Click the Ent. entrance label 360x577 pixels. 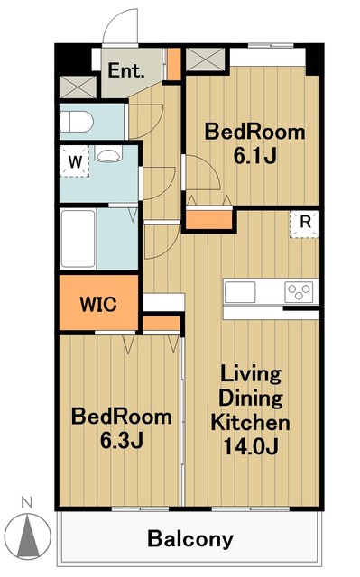[x=125, y=70]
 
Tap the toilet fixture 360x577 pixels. [x=76, y=122]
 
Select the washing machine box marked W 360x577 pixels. [x=75, y=161]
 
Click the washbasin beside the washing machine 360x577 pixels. [x=108, y=154]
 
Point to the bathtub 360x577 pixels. [x=78, y=238]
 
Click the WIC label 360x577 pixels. [x=98, y=304]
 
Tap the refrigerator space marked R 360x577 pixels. [x=305, y=224]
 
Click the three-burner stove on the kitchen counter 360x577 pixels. [x=299, y=292]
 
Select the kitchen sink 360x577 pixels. [x=240, y=292]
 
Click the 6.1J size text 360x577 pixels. [x=254, y=156]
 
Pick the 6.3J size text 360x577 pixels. [x=122, y=441]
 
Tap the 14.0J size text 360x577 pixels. [x=250, y=446]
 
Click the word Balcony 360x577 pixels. [x=190, y=539]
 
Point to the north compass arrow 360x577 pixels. [x=29, y=535]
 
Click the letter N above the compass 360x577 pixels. [x=26, y=502]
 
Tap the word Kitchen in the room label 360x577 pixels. [x=250, y=423]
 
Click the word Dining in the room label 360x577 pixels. [x=251, y=398]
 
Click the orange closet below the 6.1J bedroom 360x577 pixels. [x=209, y=219]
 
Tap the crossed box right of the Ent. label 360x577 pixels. [x=206, y=59]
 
